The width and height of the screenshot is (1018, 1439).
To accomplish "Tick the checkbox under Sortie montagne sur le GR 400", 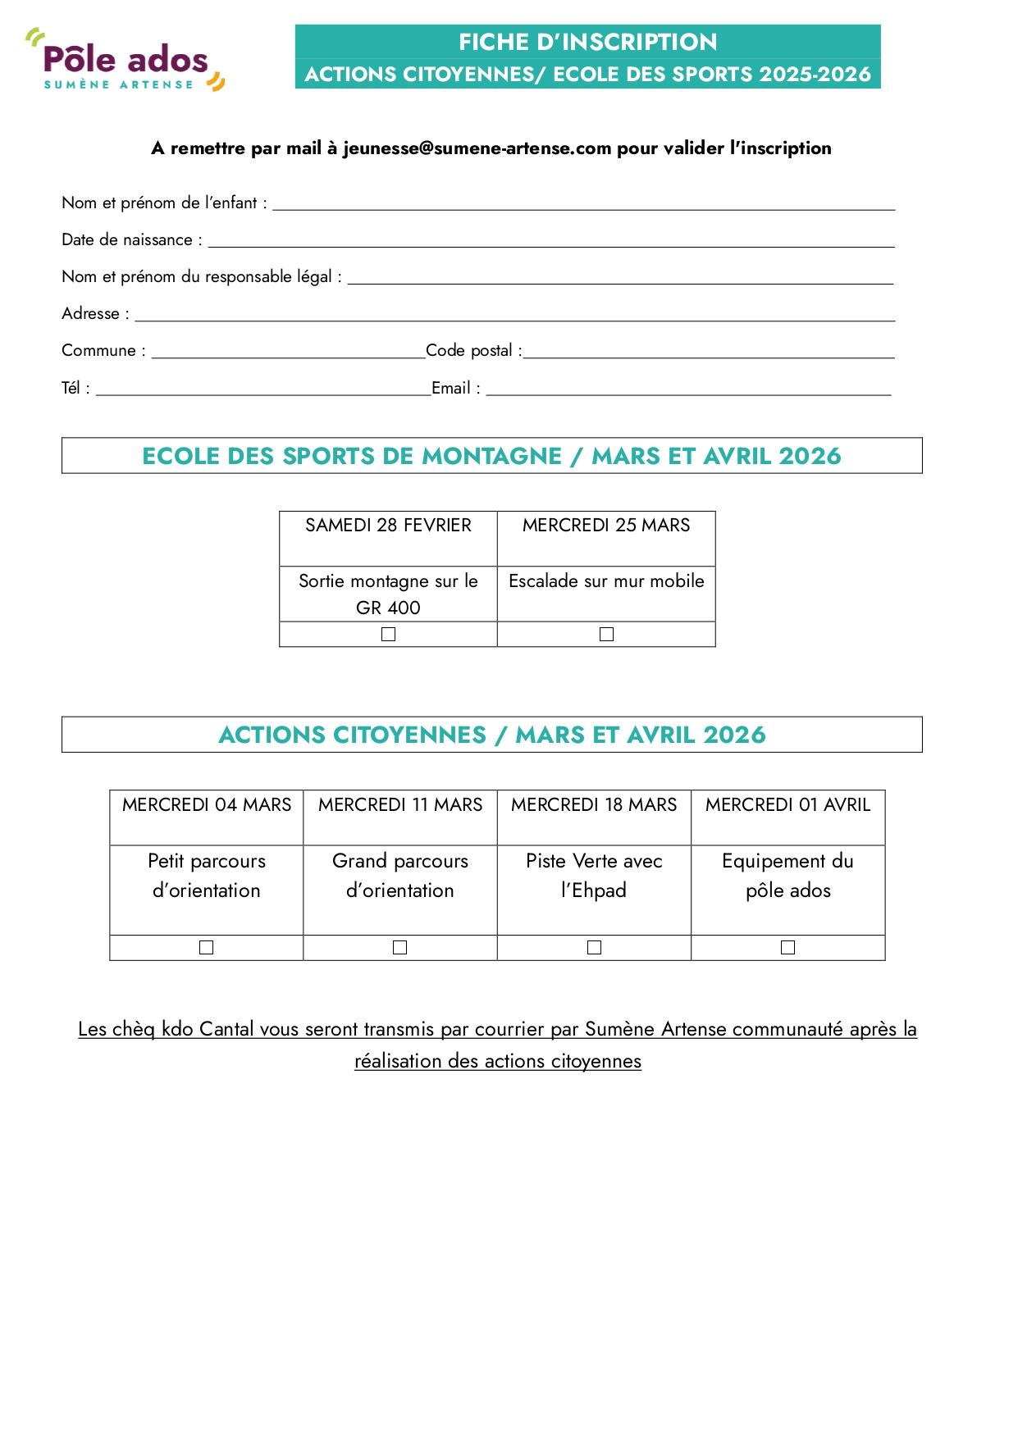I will pos(389,634).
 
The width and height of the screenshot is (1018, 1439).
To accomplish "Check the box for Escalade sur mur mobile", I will pos(606,634).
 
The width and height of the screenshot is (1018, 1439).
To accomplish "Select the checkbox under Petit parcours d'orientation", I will pos(207,947).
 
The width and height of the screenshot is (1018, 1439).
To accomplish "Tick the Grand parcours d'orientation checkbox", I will pos(400,947).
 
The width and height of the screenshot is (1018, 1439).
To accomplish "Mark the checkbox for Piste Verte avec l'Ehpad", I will pos(595,947).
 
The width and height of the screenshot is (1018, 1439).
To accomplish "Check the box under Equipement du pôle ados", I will pos(788,947).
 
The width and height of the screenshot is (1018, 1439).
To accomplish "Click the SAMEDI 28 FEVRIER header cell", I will pos(388,526).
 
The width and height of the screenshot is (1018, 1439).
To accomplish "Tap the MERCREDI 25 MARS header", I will pos(606,526).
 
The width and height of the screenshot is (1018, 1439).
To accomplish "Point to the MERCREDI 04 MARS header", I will pos(207,805).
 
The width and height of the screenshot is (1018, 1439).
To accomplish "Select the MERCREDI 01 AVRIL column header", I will pos(788,805).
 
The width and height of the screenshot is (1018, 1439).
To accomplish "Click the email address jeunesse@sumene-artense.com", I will pos(477,148).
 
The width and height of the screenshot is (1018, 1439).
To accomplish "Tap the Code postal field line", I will pos(710,353).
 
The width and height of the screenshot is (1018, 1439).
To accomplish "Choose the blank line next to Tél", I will pos(263,391).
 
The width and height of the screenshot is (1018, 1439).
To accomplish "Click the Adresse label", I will pos(91,314).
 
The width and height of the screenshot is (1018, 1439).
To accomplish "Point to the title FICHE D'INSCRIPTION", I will pos(587,42).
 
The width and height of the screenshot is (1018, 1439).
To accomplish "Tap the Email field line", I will pos(688,391).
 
